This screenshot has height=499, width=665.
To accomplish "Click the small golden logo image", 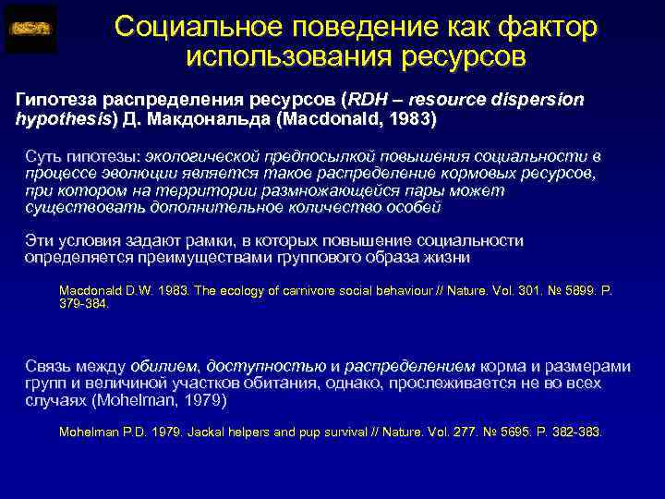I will click(30, 29).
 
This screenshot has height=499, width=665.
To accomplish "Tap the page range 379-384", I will click(84, 302).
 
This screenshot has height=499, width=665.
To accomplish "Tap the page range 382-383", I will click(576, 432).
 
